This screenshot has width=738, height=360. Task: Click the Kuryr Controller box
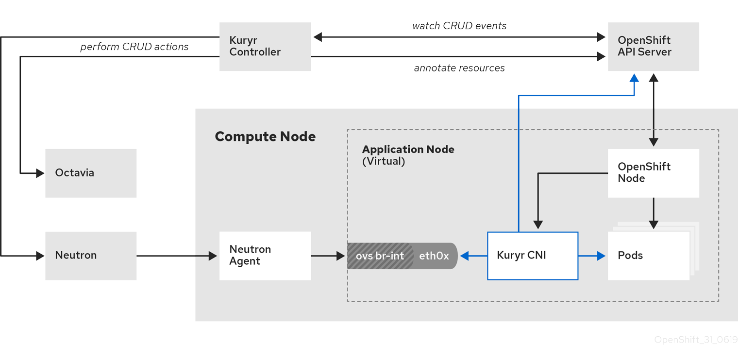pos(265,47)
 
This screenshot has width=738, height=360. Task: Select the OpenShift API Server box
pos(653,47)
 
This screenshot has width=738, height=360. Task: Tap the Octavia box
pos(91,173)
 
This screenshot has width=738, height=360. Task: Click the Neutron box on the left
pos(91,256)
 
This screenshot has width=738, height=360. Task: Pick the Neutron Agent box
pos(265,256)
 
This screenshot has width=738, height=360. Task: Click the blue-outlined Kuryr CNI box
pos(533,256)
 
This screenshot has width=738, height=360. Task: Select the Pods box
pos(648,256)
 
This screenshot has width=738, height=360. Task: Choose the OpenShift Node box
pos(653,173)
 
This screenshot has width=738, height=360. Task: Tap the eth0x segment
pos(434,256)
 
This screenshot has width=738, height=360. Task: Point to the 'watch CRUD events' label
pos(459,26)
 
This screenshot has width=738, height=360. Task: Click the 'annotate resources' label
pos(459,68)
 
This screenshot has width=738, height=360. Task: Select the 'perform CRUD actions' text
pos(134,47)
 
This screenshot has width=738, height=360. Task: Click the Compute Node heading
pos(265,137)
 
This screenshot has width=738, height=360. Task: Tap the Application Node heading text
pos(408,150)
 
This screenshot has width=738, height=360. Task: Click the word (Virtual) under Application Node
pos(384,161)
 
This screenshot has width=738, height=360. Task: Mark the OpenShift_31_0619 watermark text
pos(696,340)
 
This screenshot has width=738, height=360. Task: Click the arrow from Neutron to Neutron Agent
pos(177,256)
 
